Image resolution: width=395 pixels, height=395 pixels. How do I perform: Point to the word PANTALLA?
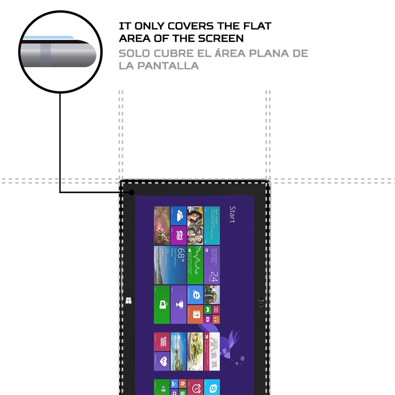tap(159, 66)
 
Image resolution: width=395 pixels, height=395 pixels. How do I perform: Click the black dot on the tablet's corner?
tap(132, 192)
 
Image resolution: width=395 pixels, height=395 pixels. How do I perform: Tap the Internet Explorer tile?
tap(195, 295)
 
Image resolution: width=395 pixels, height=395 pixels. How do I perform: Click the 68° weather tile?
tap(178, 265)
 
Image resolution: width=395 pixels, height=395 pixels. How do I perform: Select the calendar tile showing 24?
tap(212, 265)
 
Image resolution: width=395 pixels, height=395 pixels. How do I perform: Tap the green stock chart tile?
tap(195, 265)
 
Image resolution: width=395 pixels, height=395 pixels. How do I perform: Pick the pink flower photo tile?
tap(162, 225)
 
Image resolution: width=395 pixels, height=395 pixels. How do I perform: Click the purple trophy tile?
tap(178, 304)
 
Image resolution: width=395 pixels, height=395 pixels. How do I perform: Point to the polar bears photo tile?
tap(212, 351)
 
